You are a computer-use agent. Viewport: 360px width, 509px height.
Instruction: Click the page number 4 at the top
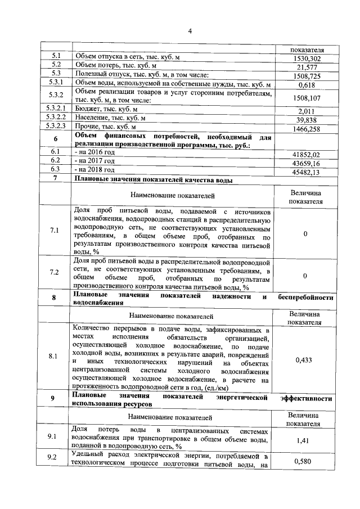190,31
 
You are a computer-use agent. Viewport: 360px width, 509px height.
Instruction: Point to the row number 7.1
55,231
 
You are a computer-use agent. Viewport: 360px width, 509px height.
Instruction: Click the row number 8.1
55,356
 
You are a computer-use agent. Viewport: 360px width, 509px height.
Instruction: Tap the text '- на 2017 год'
94,160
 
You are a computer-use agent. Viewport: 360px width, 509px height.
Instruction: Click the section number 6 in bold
55,139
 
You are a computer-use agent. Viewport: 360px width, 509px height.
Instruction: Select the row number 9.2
55,457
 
